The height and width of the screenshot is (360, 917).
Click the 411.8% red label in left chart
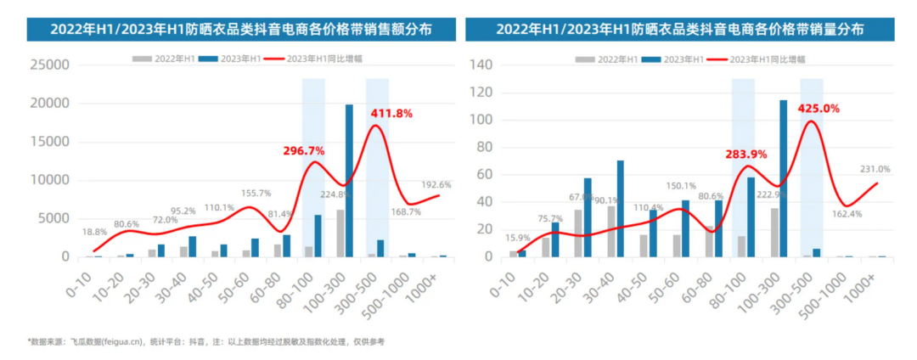[391, 113]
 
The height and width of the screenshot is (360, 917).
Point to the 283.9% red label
[746, 155]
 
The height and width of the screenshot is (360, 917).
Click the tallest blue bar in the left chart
[349, 180]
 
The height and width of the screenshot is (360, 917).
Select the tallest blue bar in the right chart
[783, 178]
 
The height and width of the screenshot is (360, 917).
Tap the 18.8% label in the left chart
[95, 231]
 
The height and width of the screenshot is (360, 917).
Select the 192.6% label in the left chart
[439, 184]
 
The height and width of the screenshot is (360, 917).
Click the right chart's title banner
[680, 29]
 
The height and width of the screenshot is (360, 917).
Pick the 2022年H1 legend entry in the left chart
[165, 58]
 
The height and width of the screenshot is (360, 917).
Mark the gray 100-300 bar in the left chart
[340, 233]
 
